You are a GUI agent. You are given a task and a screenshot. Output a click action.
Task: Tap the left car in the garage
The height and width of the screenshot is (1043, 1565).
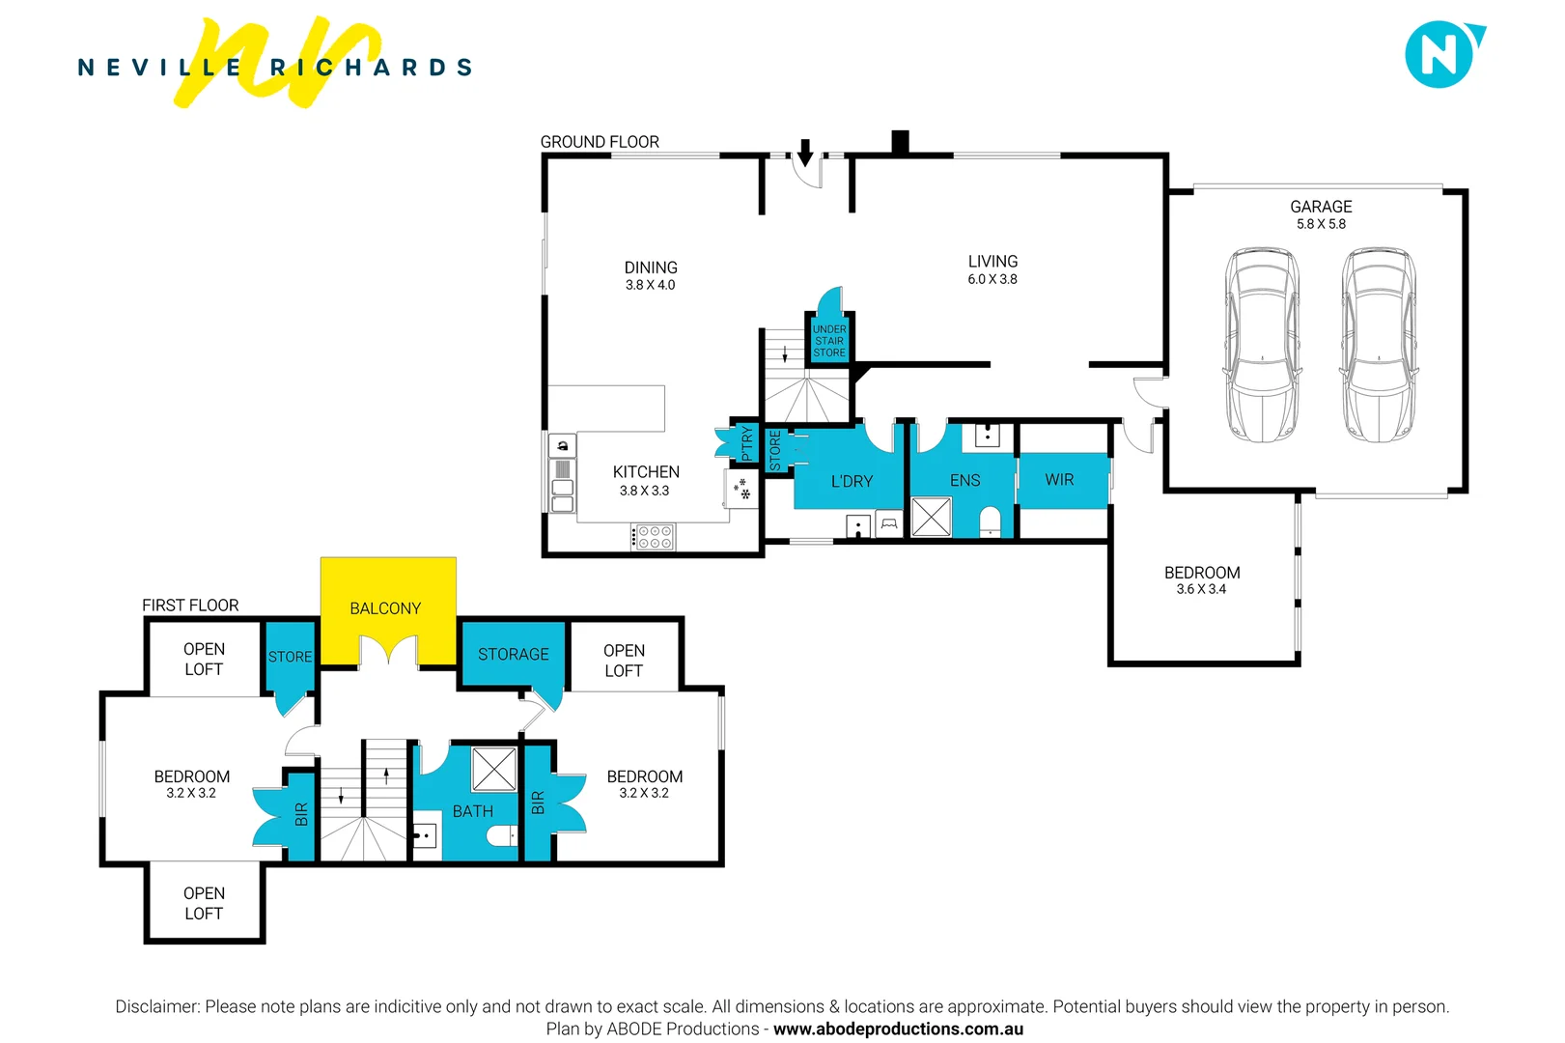coord(1262,345)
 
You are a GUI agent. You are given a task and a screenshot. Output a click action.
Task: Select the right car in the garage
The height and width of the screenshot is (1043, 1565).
coord(1378,345)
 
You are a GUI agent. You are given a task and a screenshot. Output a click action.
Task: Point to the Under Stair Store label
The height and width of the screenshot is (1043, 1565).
coord(829,341)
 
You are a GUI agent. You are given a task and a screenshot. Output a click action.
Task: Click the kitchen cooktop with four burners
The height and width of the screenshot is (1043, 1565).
coord(655,537)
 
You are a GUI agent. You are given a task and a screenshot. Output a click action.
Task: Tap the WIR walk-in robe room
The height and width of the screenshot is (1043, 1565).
coord(1060,480)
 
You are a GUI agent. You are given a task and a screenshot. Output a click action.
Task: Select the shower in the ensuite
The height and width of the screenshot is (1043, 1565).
coord(932,517)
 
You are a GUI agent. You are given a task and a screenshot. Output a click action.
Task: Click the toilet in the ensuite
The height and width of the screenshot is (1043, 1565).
coord(991,522)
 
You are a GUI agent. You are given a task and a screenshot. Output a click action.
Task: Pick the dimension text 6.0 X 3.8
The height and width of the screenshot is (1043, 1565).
coord(992,280)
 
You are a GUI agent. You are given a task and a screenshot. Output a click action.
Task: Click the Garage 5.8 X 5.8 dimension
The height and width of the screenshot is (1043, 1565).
coord(1321,224)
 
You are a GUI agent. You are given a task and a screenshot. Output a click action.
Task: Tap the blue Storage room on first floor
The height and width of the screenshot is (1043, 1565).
coord(513,655)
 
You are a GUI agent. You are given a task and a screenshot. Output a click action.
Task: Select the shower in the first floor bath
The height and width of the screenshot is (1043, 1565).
coord(494,770)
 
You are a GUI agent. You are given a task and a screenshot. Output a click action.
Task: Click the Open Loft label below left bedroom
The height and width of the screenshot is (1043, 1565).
coord(204,903)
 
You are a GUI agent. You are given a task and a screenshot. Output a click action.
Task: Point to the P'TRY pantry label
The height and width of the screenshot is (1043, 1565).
coord(746,444)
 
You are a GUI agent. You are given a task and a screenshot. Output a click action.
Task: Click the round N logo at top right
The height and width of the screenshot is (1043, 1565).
coord(1440,55)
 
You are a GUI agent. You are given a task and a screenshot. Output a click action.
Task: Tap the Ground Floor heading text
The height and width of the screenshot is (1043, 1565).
coord(600,142)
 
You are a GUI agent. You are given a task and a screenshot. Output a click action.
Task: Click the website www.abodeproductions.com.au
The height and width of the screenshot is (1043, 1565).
coord(898,1029)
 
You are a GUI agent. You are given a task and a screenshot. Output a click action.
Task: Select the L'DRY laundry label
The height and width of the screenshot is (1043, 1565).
coord(852,481)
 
